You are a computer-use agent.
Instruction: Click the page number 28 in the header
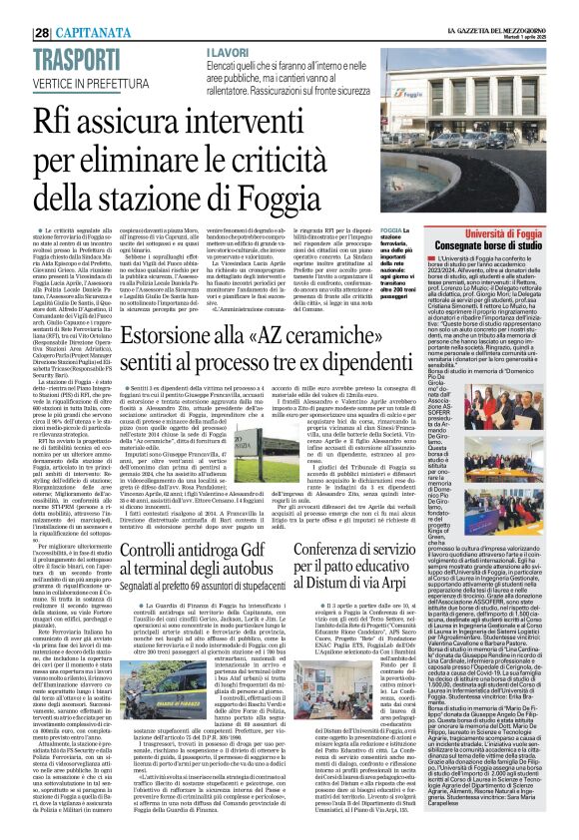tap(15, 9)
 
